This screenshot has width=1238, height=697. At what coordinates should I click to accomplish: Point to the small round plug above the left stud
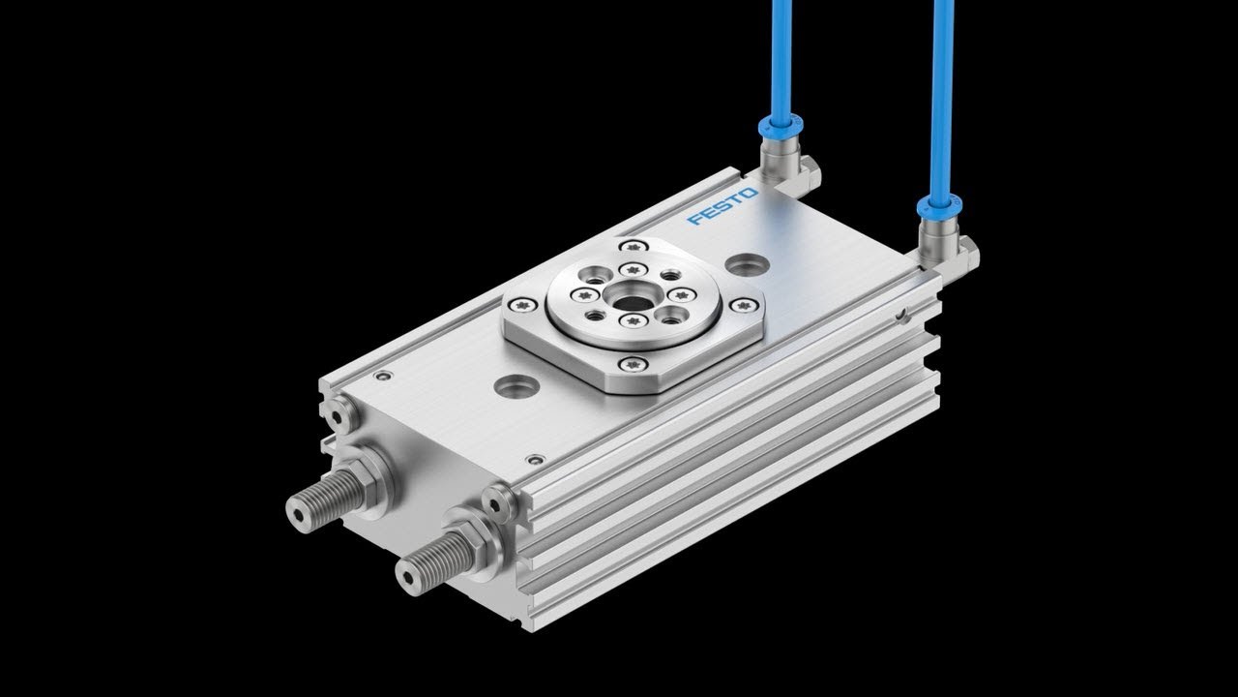[x=338, y=415]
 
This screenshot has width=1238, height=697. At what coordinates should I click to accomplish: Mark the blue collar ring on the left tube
[x=778, y=124]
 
